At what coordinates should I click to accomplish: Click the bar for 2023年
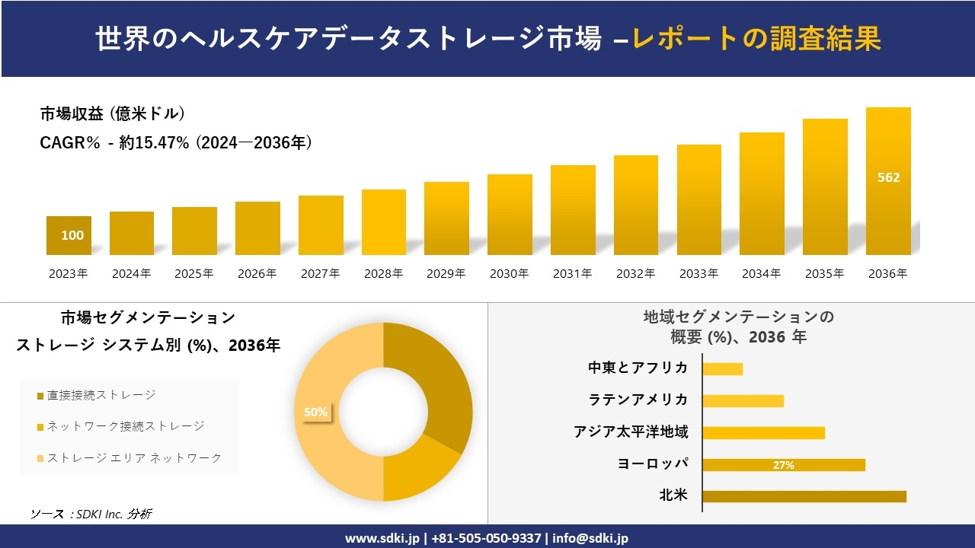(69, 235)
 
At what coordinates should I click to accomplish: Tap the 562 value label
(888, 177)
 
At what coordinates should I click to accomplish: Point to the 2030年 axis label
(509, 274)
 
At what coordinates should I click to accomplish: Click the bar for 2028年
(384, 222)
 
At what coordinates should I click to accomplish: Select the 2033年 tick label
(698, 274)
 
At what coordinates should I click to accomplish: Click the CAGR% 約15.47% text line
(176, 142)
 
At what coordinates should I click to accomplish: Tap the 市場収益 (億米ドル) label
(113, 114)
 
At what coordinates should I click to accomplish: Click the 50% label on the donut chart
(315, 412)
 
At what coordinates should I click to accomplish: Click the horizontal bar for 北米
(804, 496)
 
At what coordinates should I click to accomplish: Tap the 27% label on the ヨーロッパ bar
(783, 465)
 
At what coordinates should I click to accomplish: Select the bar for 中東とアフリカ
(722, 369)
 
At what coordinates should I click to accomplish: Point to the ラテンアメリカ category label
(638, 400)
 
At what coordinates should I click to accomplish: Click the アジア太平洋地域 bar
(763, 433)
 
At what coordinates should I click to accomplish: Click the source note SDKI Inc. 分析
(91, 514)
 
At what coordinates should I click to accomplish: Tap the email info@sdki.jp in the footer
(590, 538)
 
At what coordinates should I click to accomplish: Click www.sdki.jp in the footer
(382, 538)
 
